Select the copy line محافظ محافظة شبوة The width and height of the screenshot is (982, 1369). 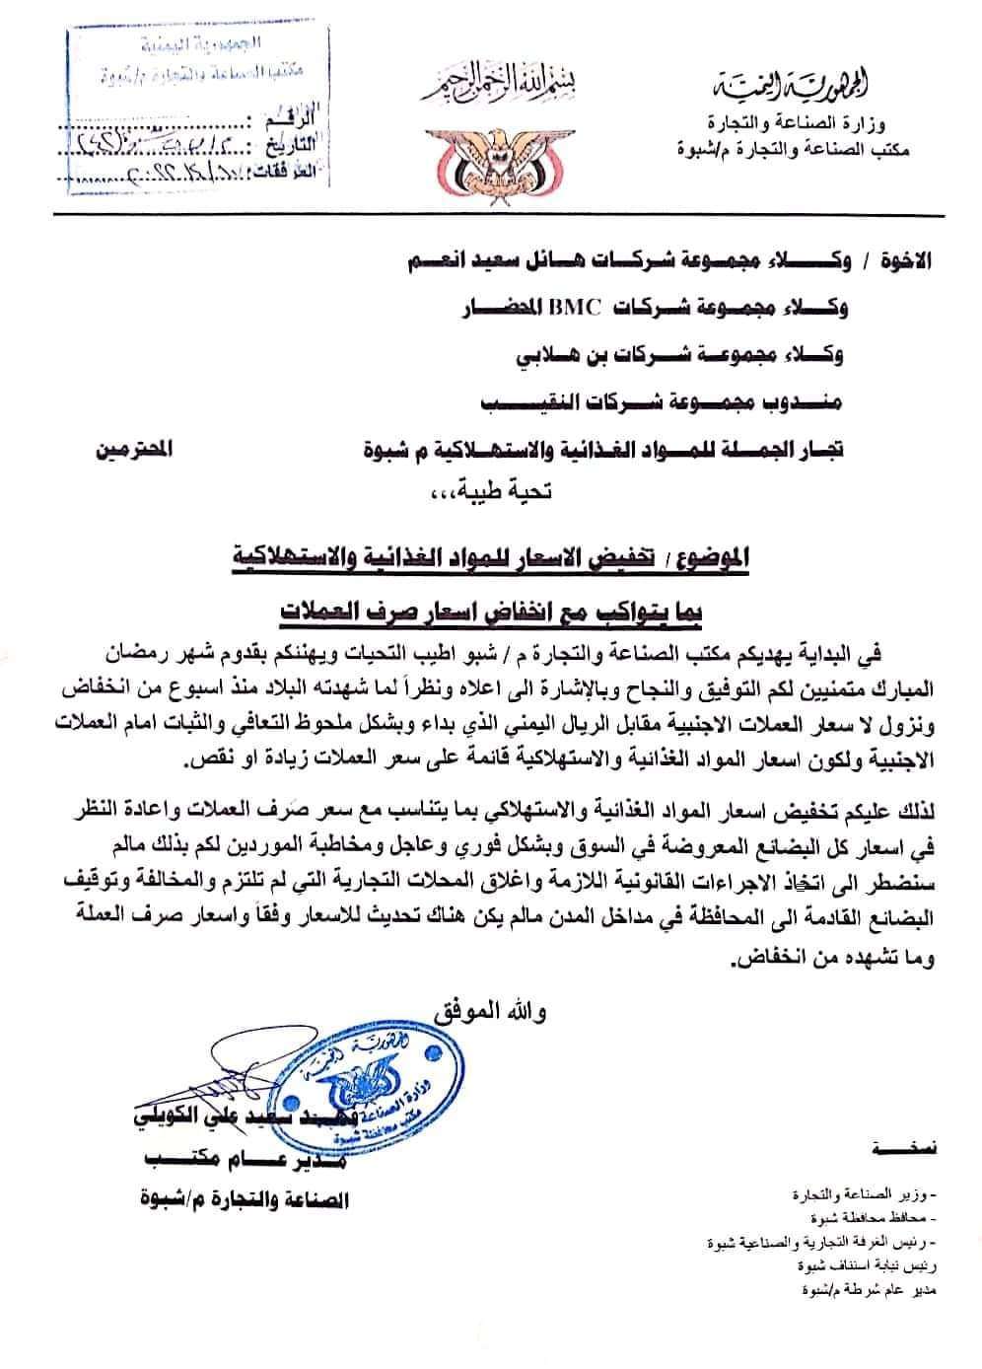pyautogui.click(x=873, y=1217)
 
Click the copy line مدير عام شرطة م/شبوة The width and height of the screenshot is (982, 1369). pyautogui.click(x=859, y=1290)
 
